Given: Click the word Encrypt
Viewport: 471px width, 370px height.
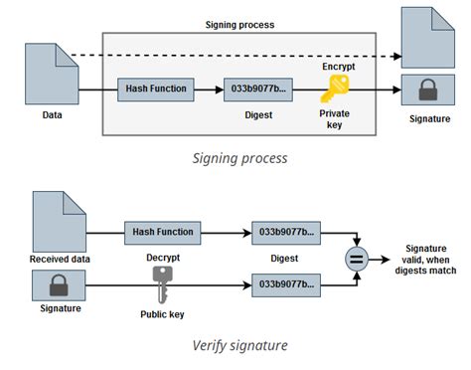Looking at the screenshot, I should pyautogui.click(x=337, y=66).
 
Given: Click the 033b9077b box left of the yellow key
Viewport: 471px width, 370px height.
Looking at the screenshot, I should pyautogui.click(x=258, y=90).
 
